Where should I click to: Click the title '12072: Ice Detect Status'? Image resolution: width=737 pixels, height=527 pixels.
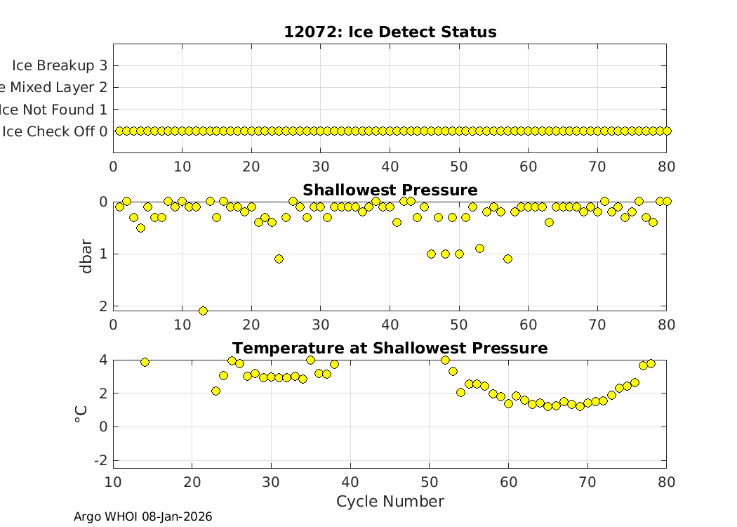[390, 32]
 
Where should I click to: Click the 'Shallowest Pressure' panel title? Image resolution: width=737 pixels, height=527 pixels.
[390, 190]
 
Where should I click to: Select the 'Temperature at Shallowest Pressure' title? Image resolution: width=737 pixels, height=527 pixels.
[390, 348]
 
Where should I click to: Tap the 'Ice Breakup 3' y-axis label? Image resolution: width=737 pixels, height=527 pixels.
[59, 65]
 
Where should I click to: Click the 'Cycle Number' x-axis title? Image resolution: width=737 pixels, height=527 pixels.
[390, 501]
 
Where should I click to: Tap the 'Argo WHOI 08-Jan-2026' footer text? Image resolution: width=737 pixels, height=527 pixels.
[142, 516]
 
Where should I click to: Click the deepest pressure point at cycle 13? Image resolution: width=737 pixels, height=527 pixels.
[203, 311]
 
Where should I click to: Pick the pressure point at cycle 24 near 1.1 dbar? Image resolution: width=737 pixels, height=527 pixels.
[279, 259]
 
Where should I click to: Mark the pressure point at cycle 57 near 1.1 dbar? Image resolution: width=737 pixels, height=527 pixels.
[507, 259]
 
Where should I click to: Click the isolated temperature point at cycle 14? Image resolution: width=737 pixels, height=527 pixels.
[145, 362]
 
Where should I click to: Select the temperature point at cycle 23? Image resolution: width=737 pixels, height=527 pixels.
[215, 391]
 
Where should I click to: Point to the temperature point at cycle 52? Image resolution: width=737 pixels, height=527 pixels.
[445, 360]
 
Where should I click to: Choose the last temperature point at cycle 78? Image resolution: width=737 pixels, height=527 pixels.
[651, 363]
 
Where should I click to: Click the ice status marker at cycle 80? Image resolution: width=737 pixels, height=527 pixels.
[667, 131]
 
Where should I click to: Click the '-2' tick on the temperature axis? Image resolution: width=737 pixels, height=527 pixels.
[100, 460]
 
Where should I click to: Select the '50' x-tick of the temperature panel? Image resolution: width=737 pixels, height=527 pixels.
[429, 481]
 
